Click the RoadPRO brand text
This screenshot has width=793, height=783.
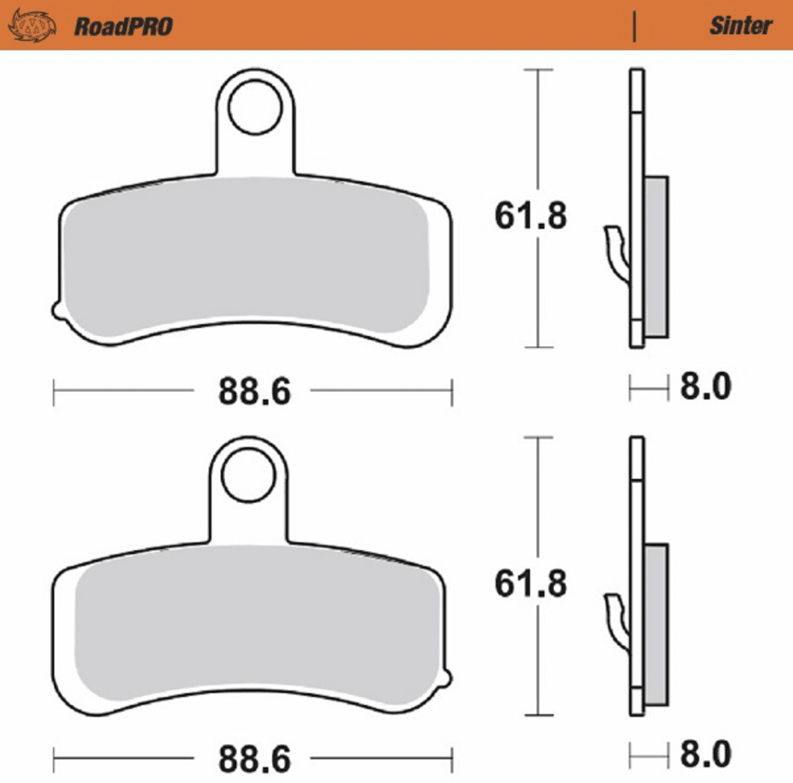[x=123, y=26]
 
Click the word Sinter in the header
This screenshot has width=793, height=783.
[x=741, y=25]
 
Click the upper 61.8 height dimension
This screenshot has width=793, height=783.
[x=530, y=216]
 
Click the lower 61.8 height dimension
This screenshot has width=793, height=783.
[x=530, y=583]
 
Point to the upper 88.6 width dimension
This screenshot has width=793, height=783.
[x=254, y=391]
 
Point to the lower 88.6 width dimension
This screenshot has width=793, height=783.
[x=254, y=759]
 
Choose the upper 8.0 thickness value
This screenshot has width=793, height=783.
[x=705, y=387]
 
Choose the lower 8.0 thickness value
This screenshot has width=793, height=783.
[x=705, y=754]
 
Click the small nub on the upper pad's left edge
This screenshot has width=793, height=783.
[x=56, y=310]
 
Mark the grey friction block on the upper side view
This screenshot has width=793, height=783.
[x=656, y=256]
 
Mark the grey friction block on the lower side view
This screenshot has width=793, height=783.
[x=656, y=624]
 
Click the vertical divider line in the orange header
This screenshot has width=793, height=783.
[x=634, y=26]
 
